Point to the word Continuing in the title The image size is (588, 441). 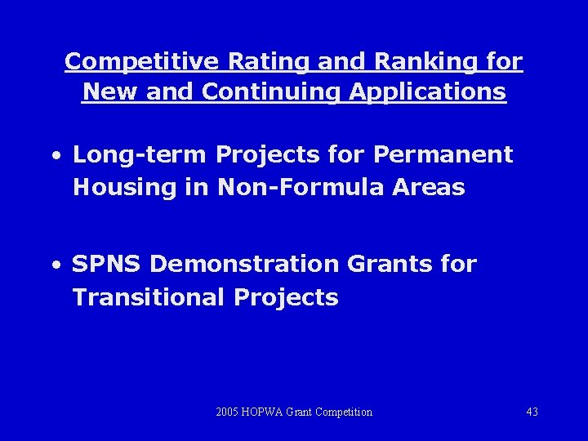[272, 91]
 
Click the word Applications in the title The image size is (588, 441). [427, 91]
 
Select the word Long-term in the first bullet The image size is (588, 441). [140, 154]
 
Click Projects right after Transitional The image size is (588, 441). [286, 297]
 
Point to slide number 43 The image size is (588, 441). [532, 412]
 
